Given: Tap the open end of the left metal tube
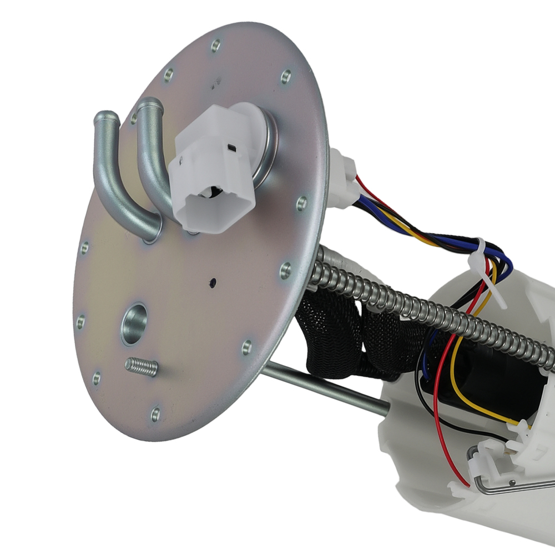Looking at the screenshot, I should pos(107,118).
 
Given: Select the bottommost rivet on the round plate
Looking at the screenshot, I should pos(155,413).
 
